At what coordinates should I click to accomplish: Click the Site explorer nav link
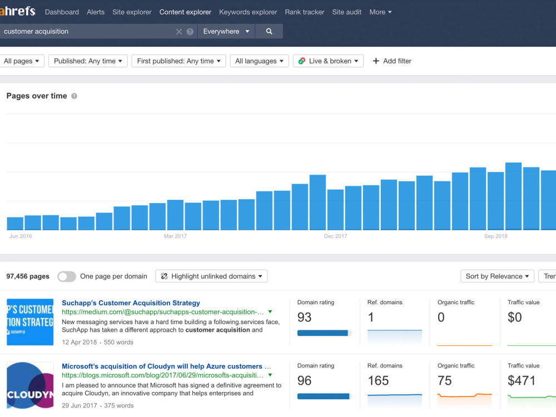132,12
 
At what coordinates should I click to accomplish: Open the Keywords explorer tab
248,12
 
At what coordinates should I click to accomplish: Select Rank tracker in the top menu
305,12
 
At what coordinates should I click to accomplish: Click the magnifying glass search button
269,31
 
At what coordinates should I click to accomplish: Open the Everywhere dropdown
226,31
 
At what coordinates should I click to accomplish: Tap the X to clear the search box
179,32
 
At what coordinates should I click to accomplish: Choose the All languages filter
259,61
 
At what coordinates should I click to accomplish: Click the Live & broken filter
329,61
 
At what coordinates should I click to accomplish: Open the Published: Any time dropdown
88,61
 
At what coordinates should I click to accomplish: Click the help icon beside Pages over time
74,96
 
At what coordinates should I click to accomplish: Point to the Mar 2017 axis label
175,236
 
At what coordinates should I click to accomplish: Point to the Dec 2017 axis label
335,236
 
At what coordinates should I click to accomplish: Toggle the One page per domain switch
67,276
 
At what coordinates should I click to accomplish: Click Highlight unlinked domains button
211,276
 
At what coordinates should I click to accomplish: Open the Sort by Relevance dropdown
497,276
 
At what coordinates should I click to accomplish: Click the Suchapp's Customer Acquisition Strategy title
131,303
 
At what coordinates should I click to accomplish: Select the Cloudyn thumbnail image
30,385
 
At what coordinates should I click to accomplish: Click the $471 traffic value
522,380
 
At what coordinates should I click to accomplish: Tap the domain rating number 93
304,317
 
